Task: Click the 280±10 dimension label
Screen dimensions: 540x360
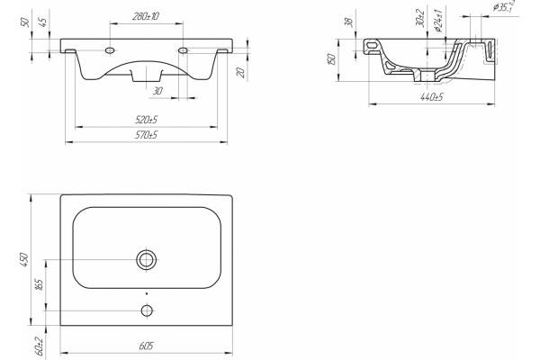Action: pos(145,16)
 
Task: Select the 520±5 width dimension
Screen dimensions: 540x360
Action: pos(147,120)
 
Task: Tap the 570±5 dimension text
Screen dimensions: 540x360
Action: pos(147,135)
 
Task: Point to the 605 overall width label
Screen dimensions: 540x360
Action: pos(146,346)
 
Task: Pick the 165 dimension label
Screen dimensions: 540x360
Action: pos(40,285)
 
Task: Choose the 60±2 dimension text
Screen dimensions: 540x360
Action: pos(40,346)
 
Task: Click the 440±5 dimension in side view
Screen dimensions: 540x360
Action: pos(431,97)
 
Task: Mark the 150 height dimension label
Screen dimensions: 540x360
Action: pos(331,58)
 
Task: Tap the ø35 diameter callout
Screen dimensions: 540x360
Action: pos(504,6)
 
